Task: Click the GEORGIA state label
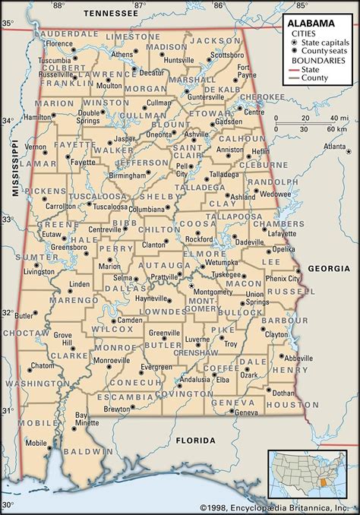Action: click(328, 268)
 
